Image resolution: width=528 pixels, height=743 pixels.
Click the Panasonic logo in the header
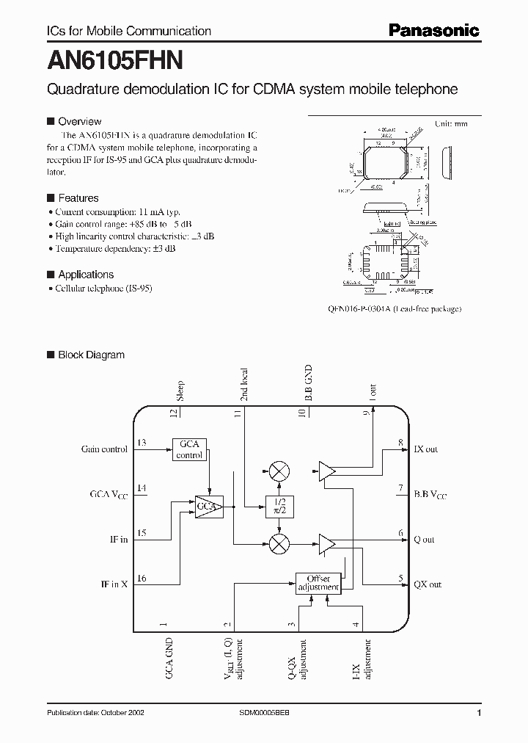click(x=433, y=30)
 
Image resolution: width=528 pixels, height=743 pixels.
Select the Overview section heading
click(x=79, y=121)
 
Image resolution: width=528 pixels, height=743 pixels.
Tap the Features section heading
click(x=78, y=197)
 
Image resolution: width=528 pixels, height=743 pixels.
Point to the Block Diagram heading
click(x=91, y=355)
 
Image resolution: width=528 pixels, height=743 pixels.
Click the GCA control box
click(x=189, y=449)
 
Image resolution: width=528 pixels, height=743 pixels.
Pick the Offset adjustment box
click(x=318, y=583)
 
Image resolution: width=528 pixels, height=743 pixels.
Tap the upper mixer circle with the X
click(x=278, y=471)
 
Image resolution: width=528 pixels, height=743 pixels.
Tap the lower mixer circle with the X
click(x=278, y=543)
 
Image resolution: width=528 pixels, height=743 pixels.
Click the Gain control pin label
click(x=104, y=449)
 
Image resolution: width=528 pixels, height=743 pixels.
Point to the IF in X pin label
click(x=114, y=584)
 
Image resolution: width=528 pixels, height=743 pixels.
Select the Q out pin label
click(x=424, y=540)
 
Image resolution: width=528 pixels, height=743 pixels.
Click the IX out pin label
click(x=426, y=449)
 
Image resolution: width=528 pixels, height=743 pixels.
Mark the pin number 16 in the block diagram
click(x=142, y=579)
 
